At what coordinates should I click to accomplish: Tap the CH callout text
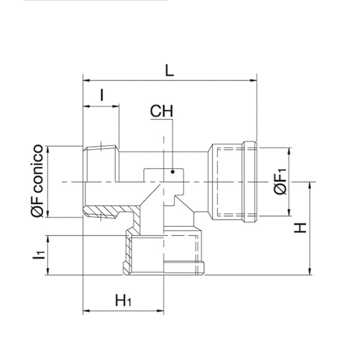[161, 111]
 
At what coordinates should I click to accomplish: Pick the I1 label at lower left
[38, 256]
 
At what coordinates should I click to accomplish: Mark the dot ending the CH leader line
[173, 172]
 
